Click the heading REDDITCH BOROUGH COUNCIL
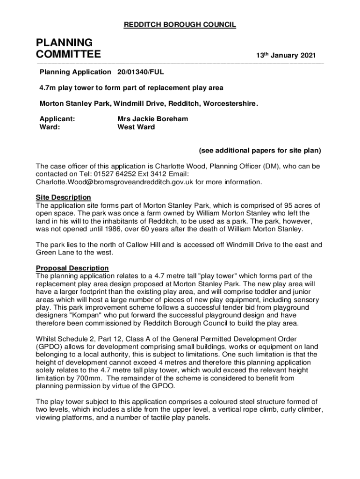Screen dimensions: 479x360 180,25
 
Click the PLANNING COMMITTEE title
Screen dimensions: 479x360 68,49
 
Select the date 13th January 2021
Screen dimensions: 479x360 286,56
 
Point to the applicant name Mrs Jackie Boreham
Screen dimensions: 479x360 152,119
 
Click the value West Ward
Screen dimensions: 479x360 136,127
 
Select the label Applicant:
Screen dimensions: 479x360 58,119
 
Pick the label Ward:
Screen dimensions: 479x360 50,127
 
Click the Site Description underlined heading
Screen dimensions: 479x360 64,197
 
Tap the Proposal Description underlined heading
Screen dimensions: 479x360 72,268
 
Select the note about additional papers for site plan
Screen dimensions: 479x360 259,151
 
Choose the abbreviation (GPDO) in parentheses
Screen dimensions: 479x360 50,347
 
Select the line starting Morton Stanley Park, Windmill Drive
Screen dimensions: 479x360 149,103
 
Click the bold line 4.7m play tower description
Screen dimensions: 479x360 131,87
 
